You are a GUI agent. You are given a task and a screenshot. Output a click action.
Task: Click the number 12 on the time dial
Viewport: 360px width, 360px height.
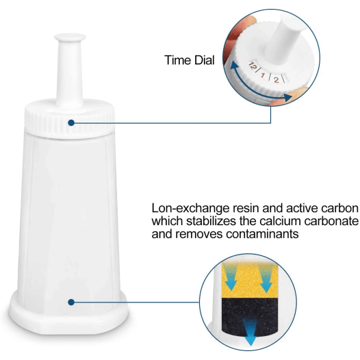tap(252, 66)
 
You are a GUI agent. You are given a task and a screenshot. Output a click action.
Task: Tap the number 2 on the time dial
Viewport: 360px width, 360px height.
tap(277, 79)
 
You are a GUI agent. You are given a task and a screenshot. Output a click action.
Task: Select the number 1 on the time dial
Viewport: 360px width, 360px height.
tap(263, 75)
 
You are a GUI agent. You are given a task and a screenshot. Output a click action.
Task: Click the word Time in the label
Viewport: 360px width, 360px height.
tap(178, 60)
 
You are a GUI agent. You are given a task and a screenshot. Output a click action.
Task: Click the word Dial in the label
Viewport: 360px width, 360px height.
tap(205, 60)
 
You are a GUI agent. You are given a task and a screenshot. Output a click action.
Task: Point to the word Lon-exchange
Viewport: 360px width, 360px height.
tap(190, 208)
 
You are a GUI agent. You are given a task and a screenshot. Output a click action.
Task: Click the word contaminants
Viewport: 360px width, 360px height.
tap(262, 234)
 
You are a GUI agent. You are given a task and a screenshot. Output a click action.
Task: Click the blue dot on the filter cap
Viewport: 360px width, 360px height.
tap(71, 123)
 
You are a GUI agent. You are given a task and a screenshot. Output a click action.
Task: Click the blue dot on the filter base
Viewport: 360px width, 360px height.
tap(71, 302)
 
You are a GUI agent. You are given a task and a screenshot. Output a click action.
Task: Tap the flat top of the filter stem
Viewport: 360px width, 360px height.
tap(70, 37)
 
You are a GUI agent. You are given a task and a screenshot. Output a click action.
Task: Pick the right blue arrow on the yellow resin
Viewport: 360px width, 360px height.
tap(266, 278)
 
